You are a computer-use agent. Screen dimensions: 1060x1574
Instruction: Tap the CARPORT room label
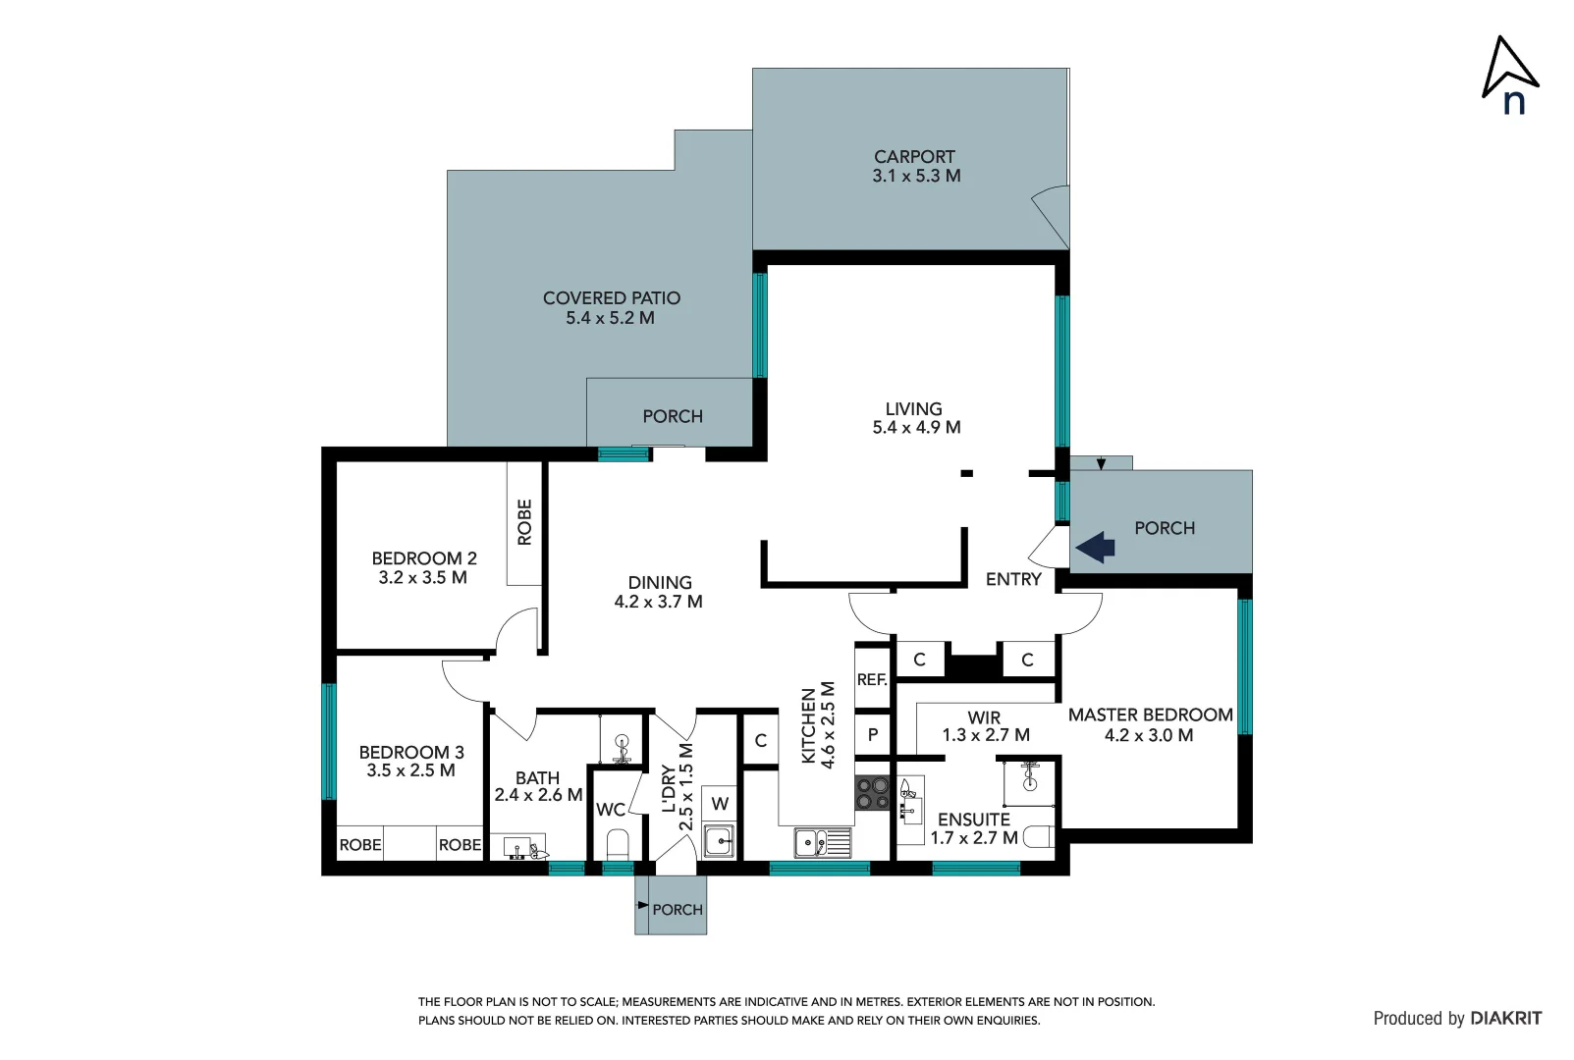[914, 157]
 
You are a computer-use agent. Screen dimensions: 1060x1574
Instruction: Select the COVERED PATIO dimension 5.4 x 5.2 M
[610, 318]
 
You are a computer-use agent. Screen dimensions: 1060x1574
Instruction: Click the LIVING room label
[913, 408]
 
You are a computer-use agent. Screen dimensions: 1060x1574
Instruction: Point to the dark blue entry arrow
[1096, 547]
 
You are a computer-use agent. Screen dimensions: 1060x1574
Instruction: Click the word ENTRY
[1013, 579]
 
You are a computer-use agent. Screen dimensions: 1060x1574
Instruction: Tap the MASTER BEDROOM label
[1150, 715]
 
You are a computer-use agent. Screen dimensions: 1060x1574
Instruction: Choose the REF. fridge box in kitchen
[872, 679]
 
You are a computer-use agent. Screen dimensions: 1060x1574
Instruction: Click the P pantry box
[872, 734]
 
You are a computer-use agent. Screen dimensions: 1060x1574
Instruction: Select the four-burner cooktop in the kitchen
[871, 793]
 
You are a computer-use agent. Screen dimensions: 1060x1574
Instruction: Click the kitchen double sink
[822, 842]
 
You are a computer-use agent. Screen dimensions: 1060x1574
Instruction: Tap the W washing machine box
[720, 804]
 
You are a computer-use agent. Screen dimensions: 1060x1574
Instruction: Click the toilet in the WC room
[618, 844]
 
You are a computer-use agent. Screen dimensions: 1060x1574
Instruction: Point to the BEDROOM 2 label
[424, 557]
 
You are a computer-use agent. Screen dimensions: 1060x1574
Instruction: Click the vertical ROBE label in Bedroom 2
[524, 522]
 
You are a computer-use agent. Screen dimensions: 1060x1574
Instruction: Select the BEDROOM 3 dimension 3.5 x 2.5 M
[410, 770]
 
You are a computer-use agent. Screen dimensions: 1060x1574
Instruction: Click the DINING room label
[660, 582]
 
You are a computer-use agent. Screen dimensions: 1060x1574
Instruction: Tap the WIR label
[984, 717]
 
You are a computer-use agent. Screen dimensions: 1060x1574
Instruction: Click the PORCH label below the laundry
[678, 910]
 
